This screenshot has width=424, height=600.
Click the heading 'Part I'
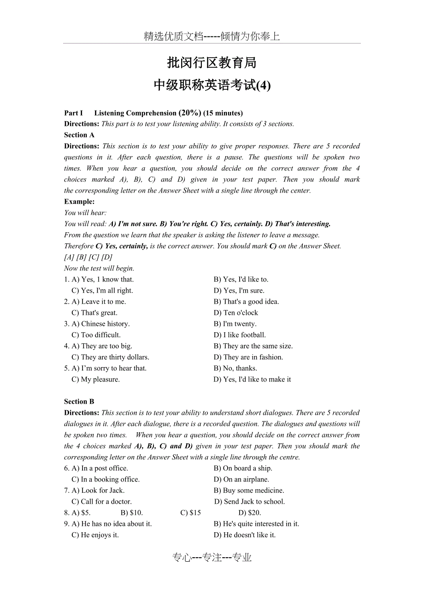pos(74,113)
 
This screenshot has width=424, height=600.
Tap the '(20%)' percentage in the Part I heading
pos(190,113)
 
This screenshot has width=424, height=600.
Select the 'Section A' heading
pos(79,135)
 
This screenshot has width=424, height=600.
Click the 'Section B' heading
pos(79,401)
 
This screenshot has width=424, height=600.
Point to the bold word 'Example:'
pos(79,201)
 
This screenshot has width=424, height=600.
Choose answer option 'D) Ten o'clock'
pos(236,313)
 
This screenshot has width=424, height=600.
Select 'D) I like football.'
pos(240,335)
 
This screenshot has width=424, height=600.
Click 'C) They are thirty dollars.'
pos(110,357)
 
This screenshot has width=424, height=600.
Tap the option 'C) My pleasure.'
pos(95,379)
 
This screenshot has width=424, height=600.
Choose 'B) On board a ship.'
pos(243,468)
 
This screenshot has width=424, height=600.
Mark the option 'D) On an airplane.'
pos(241,479)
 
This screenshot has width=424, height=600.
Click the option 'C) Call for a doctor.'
pos(101,501)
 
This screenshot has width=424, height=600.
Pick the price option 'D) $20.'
pos(250,512)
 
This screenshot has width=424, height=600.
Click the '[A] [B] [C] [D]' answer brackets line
pos(88,257)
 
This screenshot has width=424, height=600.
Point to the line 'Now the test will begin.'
pos(99,268)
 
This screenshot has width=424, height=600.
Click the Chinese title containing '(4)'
pos(212,85)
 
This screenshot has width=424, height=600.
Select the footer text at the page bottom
pos(212,558)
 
